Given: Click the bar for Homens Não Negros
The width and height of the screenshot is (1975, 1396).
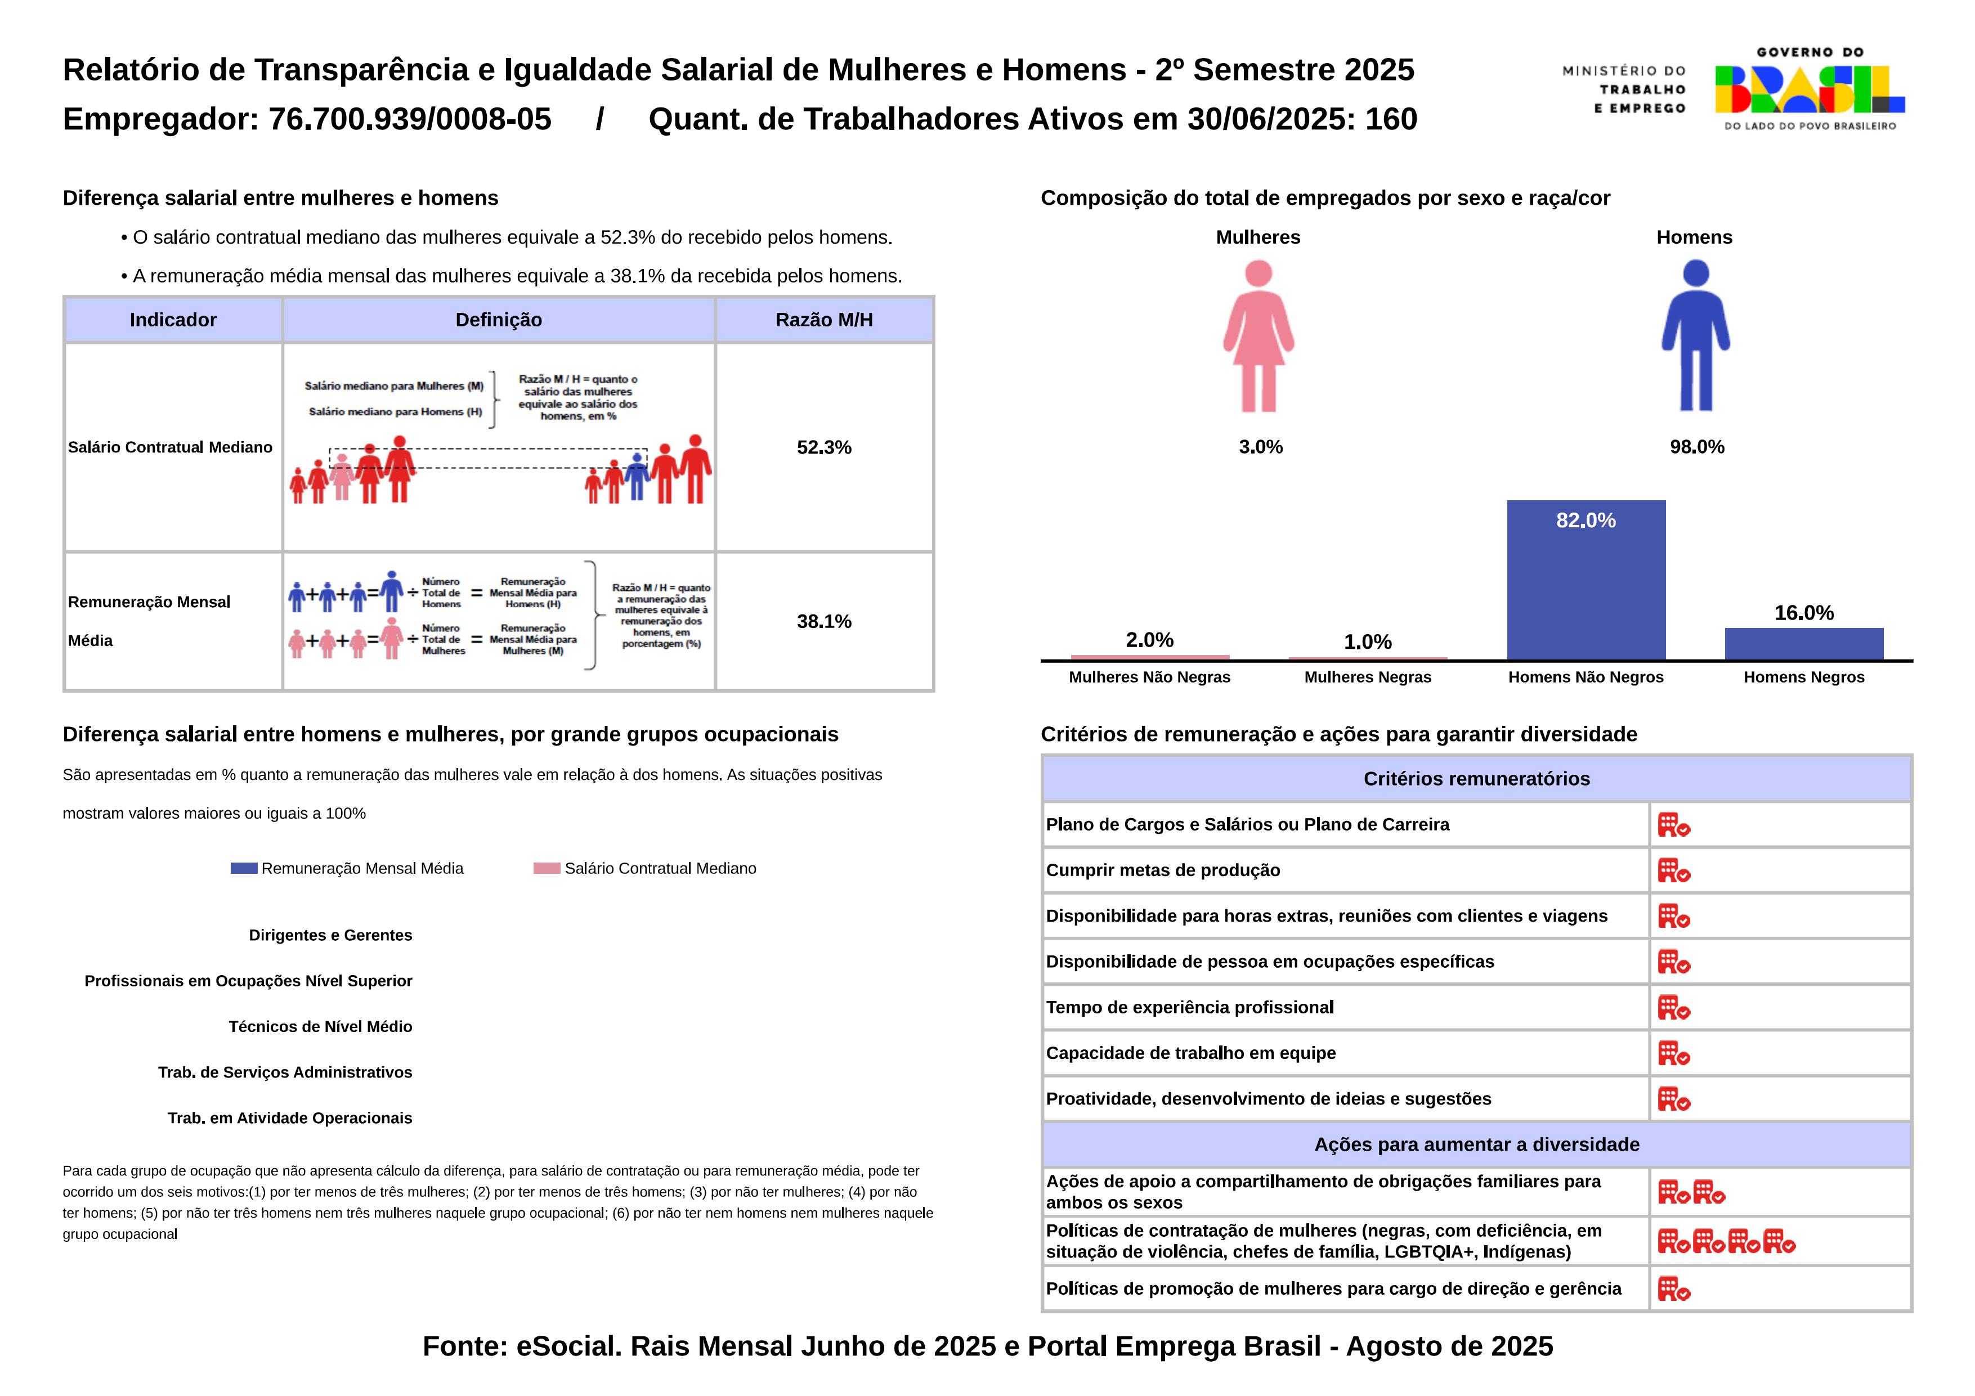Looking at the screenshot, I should pyautogui.click(x=1586, y=581).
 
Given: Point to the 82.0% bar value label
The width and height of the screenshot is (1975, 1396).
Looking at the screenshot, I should pyautogui.click(x=1586, y=520).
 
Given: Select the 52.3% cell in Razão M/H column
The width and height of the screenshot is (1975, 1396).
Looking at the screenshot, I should pyautogui.click(x=824, y=447).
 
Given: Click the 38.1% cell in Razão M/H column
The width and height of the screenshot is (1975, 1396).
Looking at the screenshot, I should pyautogui.click(x=824, y=621).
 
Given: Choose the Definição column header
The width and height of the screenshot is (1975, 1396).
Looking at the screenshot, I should pyautogui.click(x=499, y=320).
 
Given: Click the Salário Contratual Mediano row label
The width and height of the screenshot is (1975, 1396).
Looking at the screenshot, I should pyautogui.click(x=171, y=447).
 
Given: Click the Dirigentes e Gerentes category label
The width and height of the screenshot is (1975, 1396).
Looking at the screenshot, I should pyautogui.click(x=330, y=935).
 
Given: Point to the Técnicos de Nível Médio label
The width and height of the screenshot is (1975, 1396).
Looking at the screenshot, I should pyautogui.click(x=320, y=1026).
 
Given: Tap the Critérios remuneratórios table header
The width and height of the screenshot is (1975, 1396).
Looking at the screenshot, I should pyautogui.click(x=1476, y=778).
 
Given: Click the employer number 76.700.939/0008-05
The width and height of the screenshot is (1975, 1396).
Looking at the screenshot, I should pyautogui.click(x=410, y=119).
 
